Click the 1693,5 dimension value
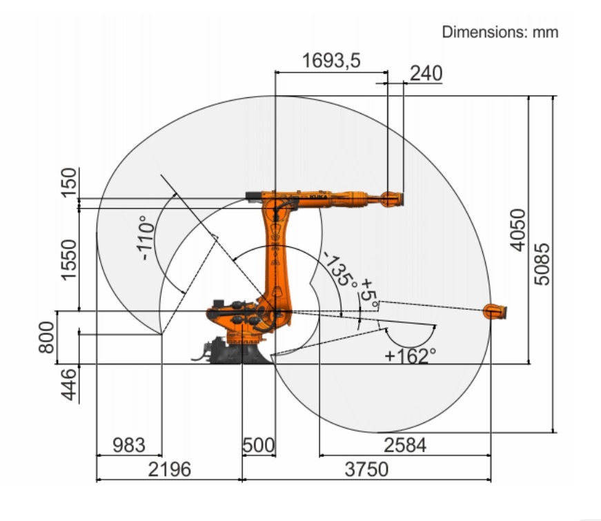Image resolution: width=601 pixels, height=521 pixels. pos(331,61)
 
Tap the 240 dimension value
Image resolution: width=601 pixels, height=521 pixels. pos(426,73)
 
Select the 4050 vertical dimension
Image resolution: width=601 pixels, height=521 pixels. pos(518,230)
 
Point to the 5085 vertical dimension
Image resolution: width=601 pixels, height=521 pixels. pos(542,264)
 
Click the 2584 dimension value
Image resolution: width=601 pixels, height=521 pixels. pos(405,446)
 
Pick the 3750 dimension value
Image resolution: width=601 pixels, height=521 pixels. pos(366,469)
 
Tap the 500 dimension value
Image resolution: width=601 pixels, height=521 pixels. pos(259,446)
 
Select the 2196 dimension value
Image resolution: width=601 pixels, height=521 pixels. pos(170,469)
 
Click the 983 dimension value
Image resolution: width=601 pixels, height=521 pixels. pos(129,446)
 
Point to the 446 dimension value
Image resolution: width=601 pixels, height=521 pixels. pos(70,384)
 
